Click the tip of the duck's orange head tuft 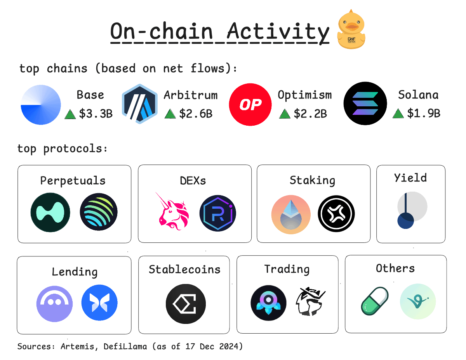click(x=351, y=9)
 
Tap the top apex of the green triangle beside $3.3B click(x=70, y=109)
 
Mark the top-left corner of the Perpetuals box click(x=18, y=165)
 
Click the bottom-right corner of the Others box click(x=447, y=333)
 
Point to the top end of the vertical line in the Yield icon click(x=405, y=194)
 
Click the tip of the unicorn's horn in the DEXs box click(x=156, y=192)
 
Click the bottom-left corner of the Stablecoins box click(x=139, y=334)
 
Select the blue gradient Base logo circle click(x=41, y=105)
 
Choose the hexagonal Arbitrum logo click(x=140, y=104)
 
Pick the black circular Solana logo click(x=365, y=104)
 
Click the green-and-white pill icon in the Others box click(x=375, y=301)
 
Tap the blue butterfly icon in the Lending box click(x=99, y=303)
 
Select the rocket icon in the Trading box click(x=268, y=303)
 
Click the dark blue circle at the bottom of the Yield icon click(x=405, y=221)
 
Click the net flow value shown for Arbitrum click(x=196, y=114)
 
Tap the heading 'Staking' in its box click(x=312, y=180)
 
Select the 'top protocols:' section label click(x=62, y=149)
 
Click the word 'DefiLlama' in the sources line click(x=125, y=346)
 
